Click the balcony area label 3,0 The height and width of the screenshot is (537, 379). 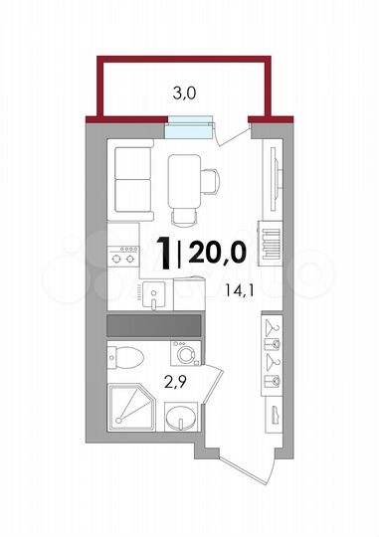tap(184, 94)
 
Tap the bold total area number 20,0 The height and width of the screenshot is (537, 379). tap(218, 255)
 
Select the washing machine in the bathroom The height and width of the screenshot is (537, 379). tap(185, 354)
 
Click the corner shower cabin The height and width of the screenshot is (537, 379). tap(128, 410)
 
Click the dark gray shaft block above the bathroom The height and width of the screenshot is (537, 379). tap(154, 325)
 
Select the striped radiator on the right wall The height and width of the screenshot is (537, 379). tap(268, 243)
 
